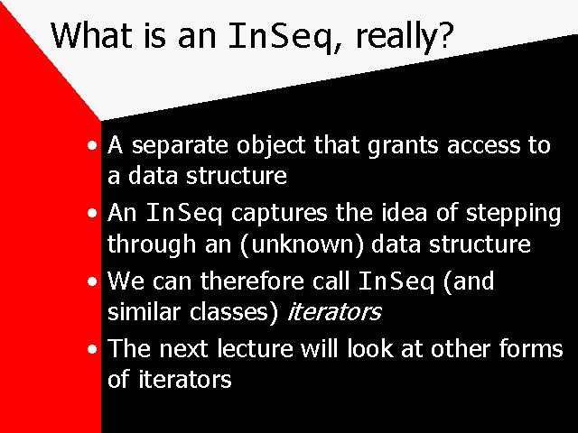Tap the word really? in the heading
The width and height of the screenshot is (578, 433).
coord(405,38)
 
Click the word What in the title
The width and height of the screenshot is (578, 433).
coord(91,35)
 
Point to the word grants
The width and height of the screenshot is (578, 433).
coord(403,146)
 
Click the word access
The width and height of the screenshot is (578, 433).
coord(483,147)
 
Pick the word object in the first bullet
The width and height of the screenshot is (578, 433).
coord(271,146)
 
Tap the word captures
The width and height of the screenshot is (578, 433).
coord(279,215)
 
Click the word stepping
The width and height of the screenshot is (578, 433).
coord(513,215)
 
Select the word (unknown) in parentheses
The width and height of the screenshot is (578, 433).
coord(302,244)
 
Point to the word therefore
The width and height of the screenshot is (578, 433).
coord(252,281)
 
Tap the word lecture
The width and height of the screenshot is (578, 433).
coord(255,348)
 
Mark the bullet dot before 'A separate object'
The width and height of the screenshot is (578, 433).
coord(92,145)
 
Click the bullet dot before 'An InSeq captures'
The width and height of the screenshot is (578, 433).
coord(92,214)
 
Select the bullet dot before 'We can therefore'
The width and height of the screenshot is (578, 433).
coord(92,281)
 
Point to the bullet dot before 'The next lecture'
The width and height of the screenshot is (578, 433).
coord(92,349)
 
